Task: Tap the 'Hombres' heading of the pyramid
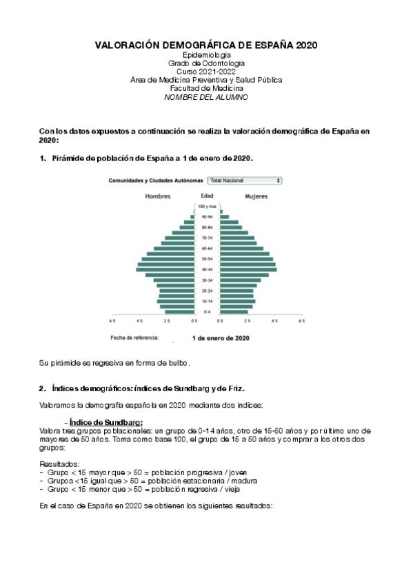click(x=157, y=196)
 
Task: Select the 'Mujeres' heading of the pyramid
click(x=256, y=196)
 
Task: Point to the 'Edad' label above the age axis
click(x=207, y=196)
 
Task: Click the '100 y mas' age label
click(x=207, y=207)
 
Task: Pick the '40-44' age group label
click(x=207, y=269)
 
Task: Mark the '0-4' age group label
click(x=207, y=312)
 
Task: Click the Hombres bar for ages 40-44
click(x=166, y=269)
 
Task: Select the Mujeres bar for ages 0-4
click(x=234, y=312)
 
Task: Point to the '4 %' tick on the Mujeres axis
click(x=274, y=321)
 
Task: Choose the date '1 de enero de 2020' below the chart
click(x=221, y=338)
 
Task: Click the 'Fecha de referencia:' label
click(x=134, y=338)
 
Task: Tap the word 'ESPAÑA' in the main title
click(x=270, y=45)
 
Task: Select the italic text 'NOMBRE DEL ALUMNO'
click(x=206, y=97)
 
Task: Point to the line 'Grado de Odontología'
click(x=206, y=63)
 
